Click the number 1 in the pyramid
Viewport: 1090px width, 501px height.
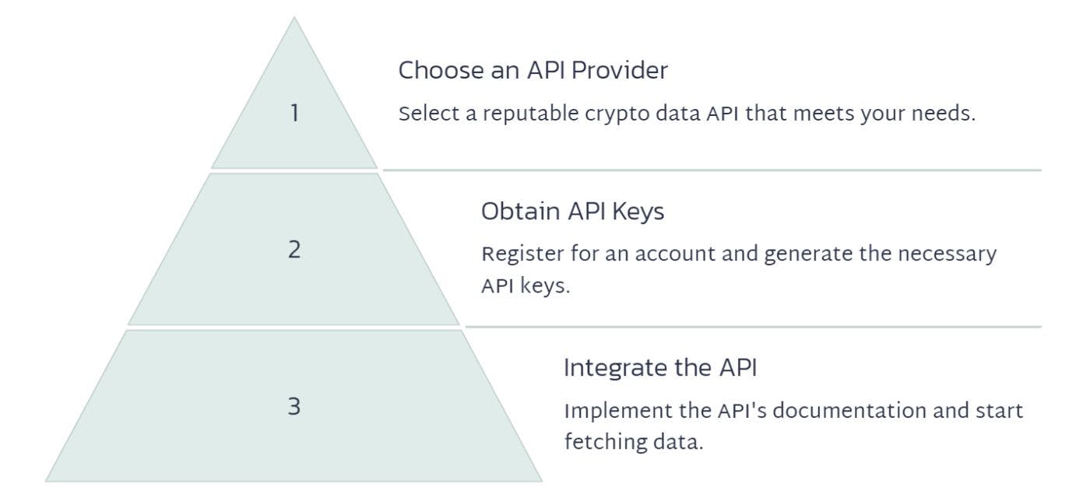294,114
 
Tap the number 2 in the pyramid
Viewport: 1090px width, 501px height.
294,250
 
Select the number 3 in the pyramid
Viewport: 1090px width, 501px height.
294,406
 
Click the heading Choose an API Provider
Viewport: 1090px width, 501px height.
533,71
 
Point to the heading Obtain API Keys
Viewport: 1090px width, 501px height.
572,211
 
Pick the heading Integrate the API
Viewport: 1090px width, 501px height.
659,367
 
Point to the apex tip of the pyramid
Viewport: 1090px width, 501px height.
294,18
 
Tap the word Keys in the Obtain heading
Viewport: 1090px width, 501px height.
641,211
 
